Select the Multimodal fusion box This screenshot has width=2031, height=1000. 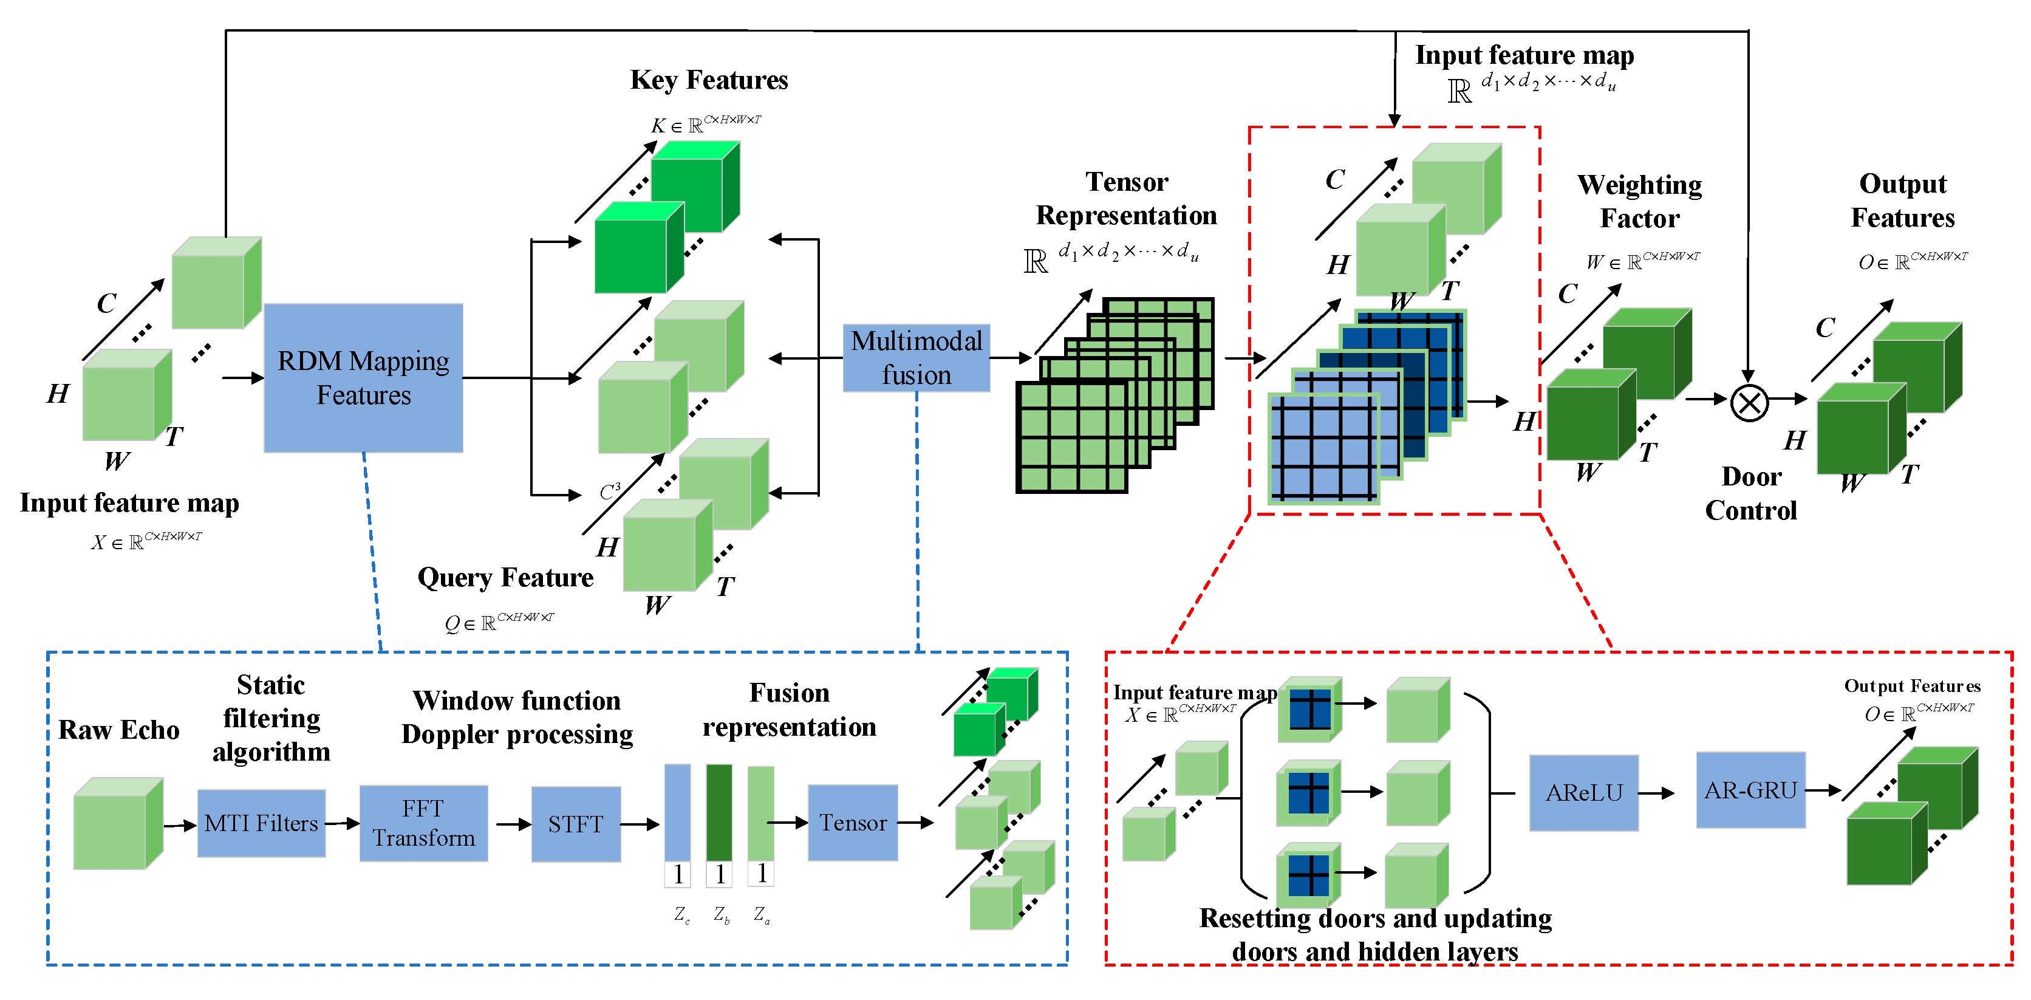tap(916, 357)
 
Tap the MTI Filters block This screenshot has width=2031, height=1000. tap(261, 823)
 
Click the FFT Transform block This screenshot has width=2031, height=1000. tap(423, 823)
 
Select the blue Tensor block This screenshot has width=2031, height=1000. tap(852, 823)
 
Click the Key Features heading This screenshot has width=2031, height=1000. tap(709, 80)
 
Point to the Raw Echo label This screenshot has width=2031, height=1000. tap(119, 730)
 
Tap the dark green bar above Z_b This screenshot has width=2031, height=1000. tap(719, 812)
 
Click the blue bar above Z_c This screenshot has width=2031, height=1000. tap(677, 812)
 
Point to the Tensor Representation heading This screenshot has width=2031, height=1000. tap(1126, 198)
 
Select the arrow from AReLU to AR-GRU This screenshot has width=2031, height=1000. tap(1656, 793)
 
